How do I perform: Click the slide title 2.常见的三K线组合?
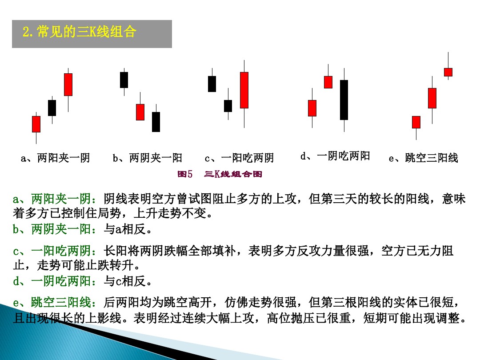(79, 32)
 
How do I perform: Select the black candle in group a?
(52, 108)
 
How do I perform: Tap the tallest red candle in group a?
(68, 84)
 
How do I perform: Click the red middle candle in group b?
(140, 112)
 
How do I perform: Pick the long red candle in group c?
(244, 90)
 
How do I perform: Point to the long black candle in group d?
(344, 100)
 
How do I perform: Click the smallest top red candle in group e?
(448, 72)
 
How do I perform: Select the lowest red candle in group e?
(416, 122)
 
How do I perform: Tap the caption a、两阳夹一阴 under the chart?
(56, 158)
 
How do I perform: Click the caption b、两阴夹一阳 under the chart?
(148, 158)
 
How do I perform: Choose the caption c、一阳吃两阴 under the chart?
(239, 158)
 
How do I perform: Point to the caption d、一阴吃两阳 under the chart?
(335, 156)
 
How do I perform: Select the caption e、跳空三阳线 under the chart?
(423, 158)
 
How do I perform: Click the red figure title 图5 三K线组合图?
(220, 174)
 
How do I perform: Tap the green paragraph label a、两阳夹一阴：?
(58, 199)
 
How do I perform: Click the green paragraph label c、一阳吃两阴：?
(58, 251)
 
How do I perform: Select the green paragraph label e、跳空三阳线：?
(58, 303)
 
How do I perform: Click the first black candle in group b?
(124, 80)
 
